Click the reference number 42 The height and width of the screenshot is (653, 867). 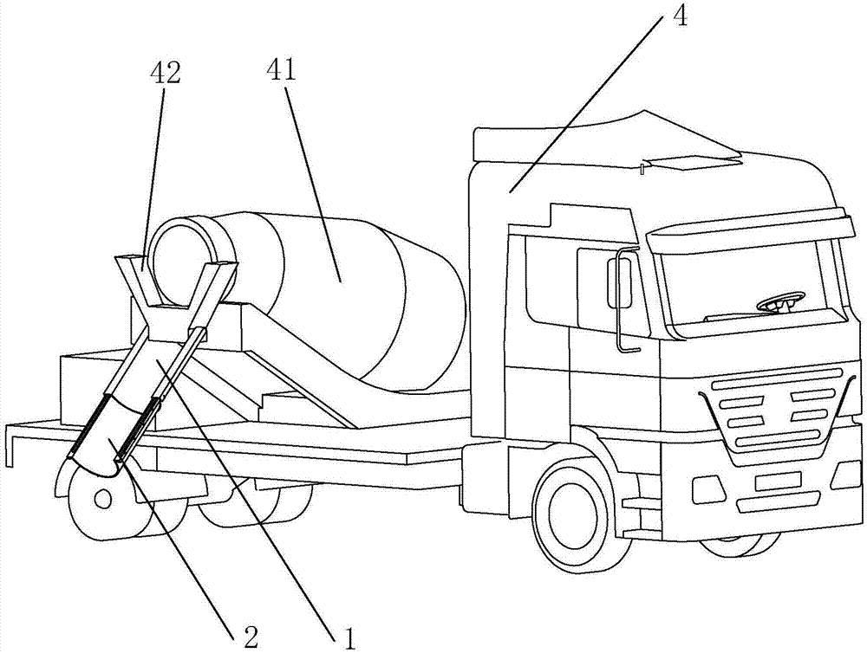pyautogui.click(x=165, y=74)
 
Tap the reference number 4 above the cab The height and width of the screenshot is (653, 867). pyautogui.click(x=681, y=17)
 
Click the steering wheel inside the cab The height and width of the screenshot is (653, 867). pyautogui.click(x=777, y=304)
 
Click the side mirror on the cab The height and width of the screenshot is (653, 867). pyautogui.click(x=621, y=281)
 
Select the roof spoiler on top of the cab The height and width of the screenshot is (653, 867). pyautogui.click(x=607, y=139)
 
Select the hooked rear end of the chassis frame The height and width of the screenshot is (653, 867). pyautogui.click(x=12, y=442)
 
